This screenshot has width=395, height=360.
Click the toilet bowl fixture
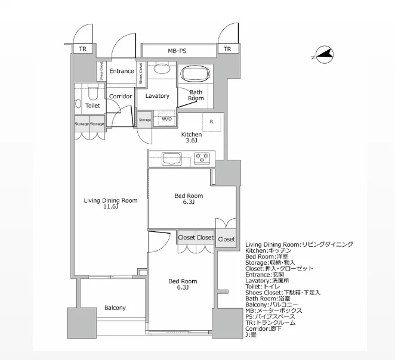(91, 94)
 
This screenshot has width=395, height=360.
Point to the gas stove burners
(202, 159)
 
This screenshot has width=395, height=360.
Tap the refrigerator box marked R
(212, 122)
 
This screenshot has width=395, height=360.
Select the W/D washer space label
(166, 119)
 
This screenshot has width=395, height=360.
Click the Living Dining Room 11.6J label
(111, 204)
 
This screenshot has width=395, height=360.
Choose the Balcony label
(115, 308)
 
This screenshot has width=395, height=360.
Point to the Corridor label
(120, 96)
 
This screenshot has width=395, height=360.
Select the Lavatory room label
(158, 96)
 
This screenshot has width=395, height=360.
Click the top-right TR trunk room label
(227, 49)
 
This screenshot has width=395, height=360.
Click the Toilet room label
(92, 105)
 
